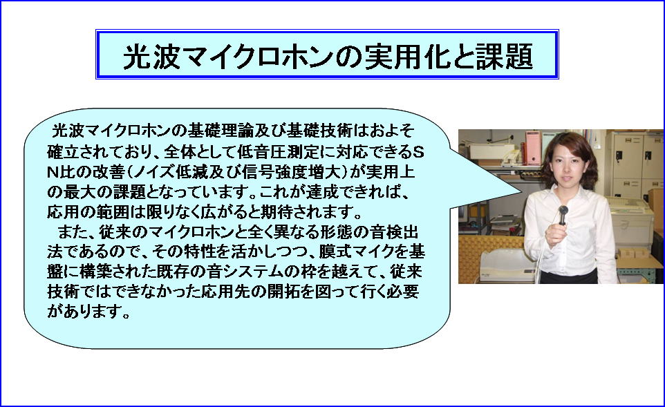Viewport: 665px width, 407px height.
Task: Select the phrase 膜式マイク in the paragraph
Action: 352,252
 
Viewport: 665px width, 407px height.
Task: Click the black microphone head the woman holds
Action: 563,210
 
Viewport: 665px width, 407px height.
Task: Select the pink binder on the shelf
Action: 533,148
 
